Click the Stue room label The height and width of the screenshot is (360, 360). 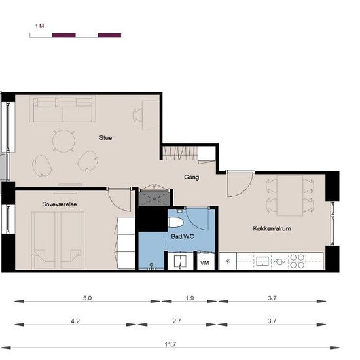[105, 137]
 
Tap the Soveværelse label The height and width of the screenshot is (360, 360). [60, 204]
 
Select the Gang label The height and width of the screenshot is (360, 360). [192, 177]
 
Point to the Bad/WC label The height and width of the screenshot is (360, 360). [183, 236]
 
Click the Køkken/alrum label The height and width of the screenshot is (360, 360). [272, 228]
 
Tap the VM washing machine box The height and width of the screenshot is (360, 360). [205, 262]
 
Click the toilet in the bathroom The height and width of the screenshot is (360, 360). [175, 223]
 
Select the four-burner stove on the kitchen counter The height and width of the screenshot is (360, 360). [297, 261]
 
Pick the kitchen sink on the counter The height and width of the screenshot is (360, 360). [262, 261]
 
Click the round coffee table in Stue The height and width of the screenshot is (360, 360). [63, 141]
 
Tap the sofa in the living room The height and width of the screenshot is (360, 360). [63, 110]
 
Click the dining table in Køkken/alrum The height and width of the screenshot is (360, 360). [290, 196]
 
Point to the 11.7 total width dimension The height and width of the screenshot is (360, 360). [170, 344]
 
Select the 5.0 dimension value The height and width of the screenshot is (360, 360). [87, 298]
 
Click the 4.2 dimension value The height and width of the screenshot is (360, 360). [75, 321]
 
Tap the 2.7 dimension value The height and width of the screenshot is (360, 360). [177, 321]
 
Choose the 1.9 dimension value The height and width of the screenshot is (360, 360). [190, 298]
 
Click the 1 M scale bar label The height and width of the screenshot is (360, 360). [39, 26]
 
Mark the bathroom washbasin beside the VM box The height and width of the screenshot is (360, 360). [180, 261]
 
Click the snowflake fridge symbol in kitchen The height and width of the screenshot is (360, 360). [228, 261]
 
